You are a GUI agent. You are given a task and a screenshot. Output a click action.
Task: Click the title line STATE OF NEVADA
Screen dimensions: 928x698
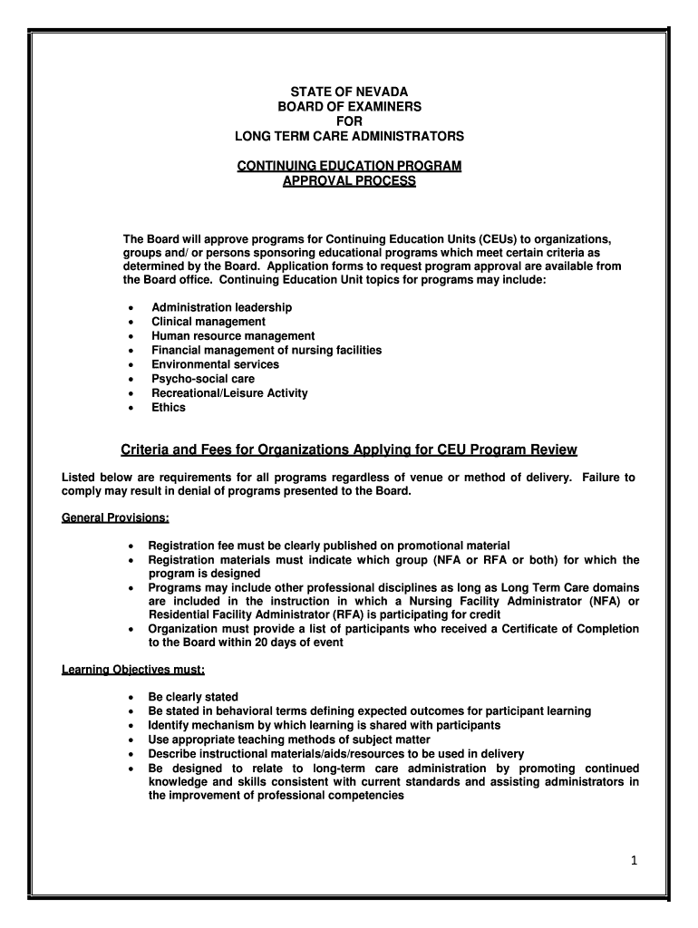coord(349,92)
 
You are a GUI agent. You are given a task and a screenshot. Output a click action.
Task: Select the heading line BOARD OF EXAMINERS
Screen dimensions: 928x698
coord(349,107)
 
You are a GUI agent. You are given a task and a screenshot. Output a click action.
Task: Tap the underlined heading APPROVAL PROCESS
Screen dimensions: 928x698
coord(349,181)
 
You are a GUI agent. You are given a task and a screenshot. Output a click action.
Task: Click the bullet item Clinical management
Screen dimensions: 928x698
coord(208,322)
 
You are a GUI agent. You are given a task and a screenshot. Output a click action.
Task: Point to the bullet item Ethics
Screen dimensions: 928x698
coord(169,407)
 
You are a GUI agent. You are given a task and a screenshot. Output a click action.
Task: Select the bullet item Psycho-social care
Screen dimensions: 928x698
coord(203,379)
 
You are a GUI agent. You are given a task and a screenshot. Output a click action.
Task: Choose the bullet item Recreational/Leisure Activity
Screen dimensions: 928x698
coord(229,393)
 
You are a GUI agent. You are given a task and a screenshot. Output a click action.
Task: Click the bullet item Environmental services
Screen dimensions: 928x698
coord(215,364)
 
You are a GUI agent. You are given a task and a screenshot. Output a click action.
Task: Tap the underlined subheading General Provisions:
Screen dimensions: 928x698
coord(115,518)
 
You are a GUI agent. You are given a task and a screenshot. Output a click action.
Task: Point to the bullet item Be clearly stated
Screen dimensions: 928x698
coord(193,697)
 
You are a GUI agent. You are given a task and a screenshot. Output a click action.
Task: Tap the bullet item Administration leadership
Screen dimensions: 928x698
coord(221,307)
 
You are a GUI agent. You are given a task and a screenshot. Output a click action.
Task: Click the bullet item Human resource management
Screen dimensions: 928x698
coord(233,336)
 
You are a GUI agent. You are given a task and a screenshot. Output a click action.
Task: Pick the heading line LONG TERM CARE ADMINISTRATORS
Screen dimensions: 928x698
coord(349,136)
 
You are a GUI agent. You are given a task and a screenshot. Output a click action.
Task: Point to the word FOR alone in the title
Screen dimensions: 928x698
coord(349,121)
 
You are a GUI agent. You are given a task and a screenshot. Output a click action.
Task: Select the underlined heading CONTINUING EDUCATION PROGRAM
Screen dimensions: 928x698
coord(349,166)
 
